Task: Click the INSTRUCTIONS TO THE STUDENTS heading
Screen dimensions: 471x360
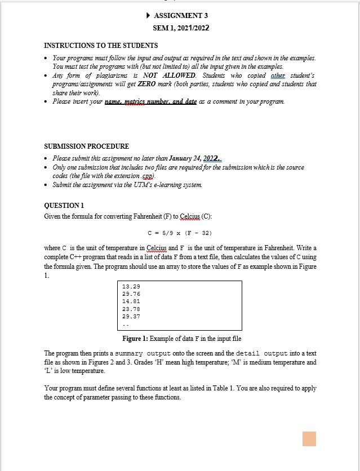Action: point(101,45)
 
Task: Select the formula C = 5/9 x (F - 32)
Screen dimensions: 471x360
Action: point(180,233)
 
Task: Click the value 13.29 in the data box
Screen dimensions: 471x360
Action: point(131,287)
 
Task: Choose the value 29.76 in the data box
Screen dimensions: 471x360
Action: point(131,294)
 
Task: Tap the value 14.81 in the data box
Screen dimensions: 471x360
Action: point(131,301)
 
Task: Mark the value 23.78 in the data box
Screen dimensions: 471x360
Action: point(131,309)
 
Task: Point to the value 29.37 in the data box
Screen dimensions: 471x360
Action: point(131,316)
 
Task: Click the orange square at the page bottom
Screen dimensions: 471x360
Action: point(309,439)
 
